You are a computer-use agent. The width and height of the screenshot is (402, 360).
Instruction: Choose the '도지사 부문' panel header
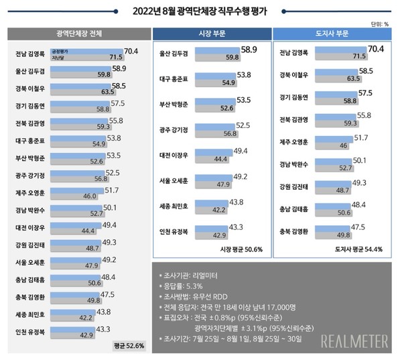click(x=332, y=33)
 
